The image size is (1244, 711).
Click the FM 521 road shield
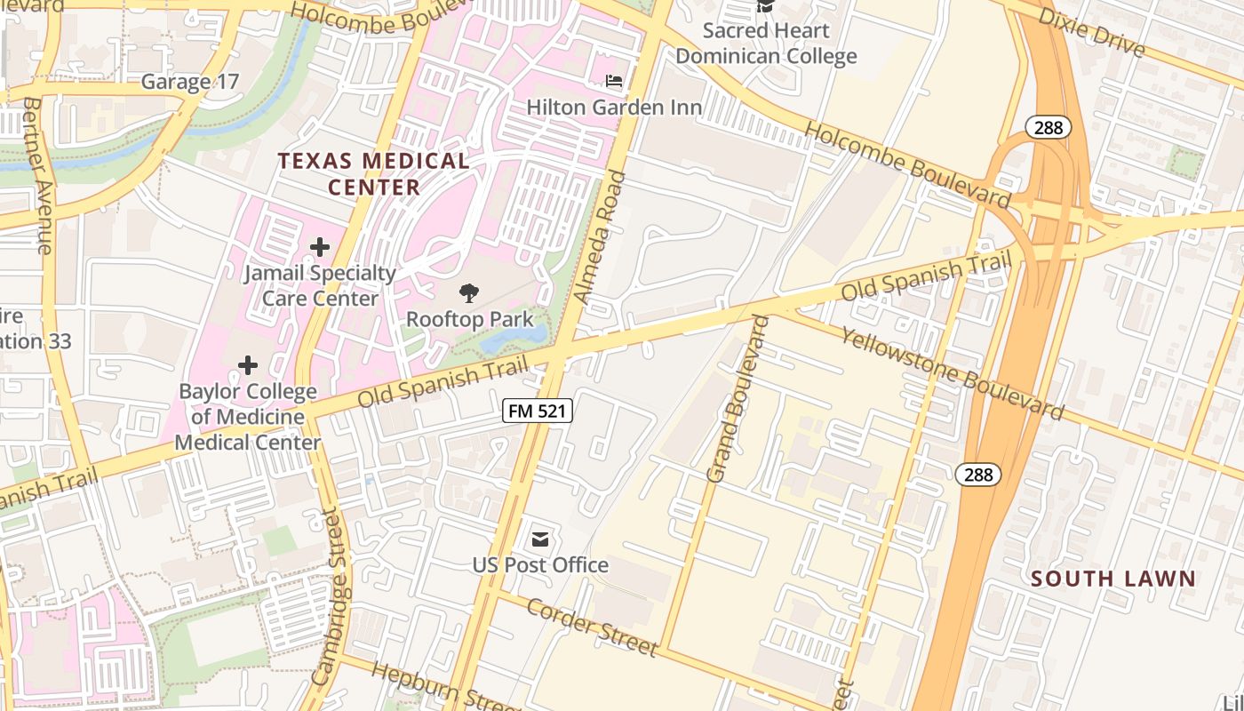coord(538,411)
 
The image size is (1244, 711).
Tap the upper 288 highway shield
coord(1049,128)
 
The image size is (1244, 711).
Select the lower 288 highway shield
coord(978,475)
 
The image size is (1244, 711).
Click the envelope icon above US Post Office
coord(539,539)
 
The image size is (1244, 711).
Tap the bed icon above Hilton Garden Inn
coord(614,81)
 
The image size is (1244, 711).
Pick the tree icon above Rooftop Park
coord(469,293)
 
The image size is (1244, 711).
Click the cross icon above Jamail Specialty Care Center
coord(320,247)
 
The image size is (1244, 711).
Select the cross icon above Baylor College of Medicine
coord(248,365)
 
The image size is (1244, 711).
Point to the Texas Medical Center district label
coord(373,174)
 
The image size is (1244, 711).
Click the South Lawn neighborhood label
coord(1113,579)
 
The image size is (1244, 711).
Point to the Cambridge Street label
coord(329,595)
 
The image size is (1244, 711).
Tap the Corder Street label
coord(592,627)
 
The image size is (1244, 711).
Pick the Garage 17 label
coord(190,82)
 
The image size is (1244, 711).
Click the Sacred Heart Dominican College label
coord(766,44)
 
